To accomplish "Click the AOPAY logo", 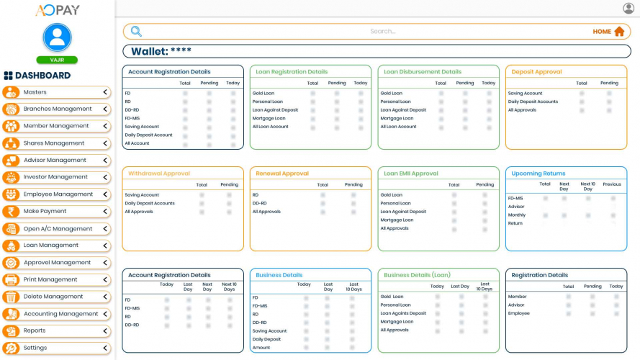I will point(58,10).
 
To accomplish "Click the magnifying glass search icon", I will point(136,32).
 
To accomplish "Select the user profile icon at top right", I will point(628,9).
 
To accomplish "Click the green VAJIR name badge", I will point(57,60).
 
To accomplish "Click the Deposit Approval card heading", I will point(536,72).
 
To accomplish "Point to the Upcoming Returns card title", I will point(538,174).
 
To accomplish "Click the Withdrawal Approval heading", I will point(158,174).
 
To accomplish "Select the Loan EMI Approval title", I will point(410,174).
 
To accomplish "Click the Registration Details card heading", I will point(539,275).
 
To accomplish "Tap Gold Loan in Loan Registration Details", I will point(263,94).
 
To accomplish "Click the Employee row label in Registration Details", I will point(519,314).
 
